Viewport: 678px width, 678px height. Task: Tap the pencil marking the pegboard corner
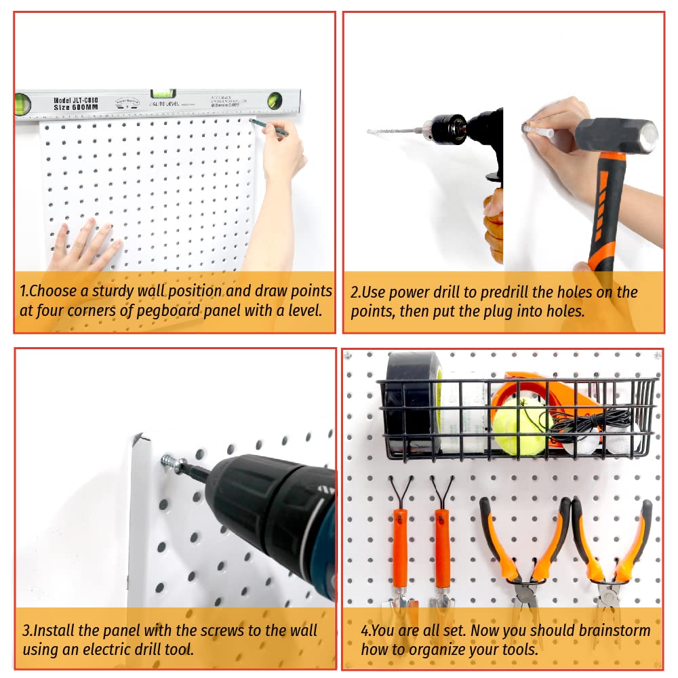269,127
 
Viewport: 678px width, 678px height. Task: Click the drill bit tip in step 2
372,131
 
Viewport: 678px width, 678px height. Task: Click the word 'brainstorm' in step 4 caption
614,631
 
